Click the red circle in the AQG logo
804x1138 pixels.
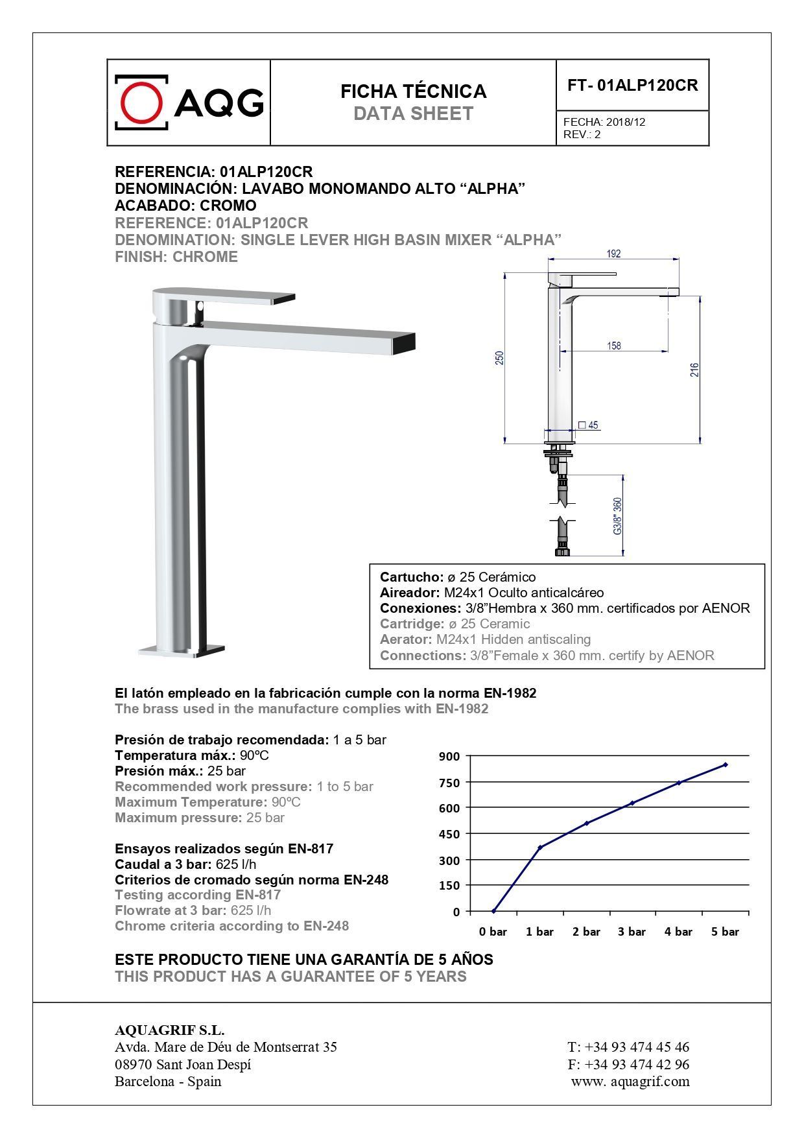[141, 102]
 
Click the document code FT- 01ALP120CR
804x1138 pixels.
[632, 86]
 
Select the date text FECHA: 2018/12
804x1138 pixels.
[604, 122]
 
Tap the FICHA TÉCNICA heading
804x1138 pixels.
[413, 91]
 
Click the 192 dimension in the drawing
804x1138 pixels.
[613, 254]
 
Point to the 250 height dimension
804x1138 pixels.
[499, 358]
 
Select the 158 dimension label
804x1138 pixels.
[614, 346]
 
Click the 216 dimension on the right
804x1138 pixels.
[694, 370]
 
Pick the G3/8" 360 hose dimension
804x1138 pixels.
[617, 516]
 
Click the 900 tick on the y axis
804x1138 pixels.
[449, 756]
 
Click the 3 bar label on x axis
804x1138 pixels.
[632, 932]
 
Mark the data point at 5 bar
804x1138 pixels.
[725, 765]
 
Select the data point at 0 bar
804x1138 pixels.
[493, 911]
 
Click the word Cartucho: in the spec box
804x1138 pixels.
[411, 577]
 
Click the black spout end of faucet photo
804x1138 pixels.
[405, 342]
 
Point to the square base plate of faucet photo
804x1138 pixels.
[182, 650]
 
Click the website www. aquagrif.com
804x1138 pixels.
[630, 1081]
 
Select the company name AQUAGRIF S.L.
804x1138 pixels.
[169, 1030]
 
